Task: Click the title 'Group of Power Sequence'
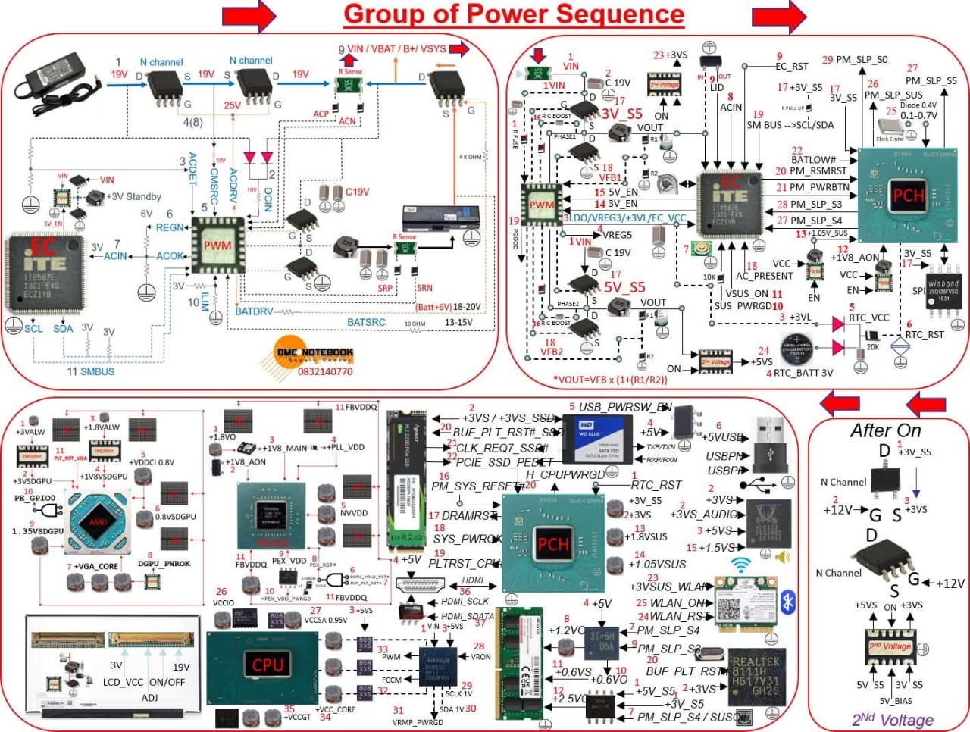pos(514,14)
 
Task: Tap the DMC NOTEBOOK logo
pos(314,353)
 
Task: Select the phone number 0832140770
pos(325,371)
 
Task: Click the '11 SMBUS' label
pos(91,371)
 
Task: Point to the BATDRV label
pos(254,311)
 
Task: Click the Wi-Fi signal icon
pos(741,565)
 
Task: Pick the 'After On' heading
pos(885,430)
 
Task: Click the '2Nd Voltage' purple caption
pos(893,720)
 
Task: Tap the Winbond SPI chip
pos(943,291)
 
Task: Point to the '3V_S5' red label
pos(621,114)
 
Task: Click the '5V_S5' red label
pos(624,287)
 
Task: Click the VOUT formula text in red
pos(610,380)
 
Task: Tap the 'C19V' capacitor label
pos(357,192)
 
